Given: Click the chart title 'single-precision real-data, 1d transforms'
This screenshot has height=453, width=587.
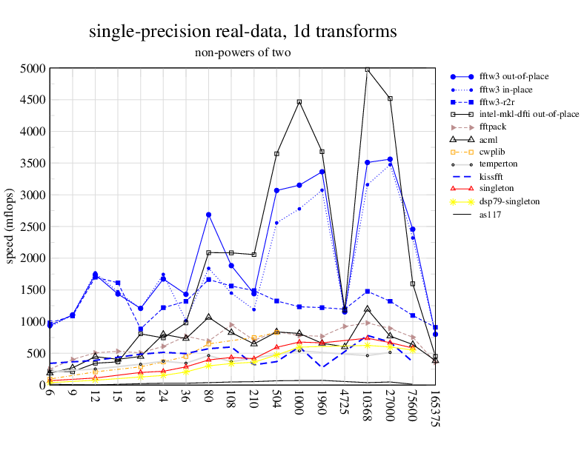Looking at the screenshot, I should pyautogui.click(x=242, y=31).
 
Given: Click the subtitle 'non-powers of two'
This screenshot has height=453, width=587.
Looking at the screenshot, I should pyautogui.click(x=242, y=53).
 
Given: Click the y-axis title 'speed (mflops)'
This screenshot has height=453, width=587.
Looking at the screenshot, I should pyautogui.click(x=11, y=226).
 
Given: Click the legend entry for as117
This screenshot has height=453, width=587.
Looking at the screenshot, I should pyautogui.click(x=490, y=214).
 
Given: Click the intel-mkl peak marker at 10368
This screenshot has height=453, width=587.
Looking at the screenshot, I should pyautogui.click(x=367, y=70).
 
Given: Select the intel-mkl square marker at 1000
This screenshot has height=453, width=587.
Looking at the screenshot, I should pyautogui.click(x=299, y=102).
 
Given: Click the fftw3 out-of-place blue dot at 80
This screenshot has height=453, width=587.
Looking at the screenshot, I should pyautogui.click(x=208, y=215).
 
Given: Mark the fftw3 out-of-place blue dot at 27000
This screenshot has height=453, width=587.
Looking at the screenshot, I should pyautogui.click(x=390, y=159).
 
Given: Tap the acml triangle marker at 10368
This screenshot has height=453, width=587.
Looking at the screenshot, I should pyautogui.click(x=367, y=309).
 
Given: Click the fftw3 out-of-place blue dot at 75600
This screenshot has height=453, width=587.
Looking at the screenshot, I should pyautogui.click(x=413, y=229).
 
